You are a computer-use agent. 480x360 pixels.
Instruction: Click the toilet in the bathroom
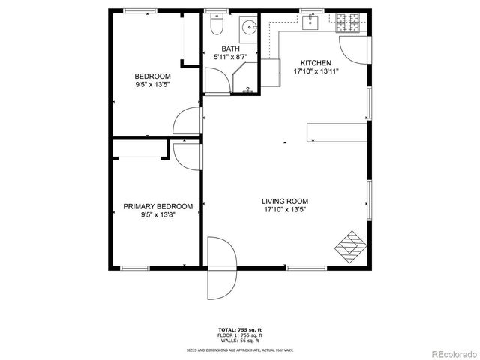(217, 27)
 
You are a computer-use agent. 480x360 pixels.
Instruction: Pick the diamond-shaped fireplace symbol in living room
(350, 244)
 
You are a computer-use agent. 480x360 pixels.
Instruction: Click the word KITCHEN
(316, 63)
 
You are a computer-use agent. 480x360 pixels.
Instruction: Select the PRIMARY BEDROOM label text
(157, 207)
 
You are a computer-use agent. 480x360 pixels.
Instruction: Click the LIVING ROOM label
(284, 201)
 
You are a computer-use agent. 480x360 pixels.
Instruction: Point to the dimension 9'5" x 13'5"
(152, 85)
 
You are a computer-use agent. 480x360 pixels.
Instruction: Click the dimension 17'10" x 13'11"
(316, 71)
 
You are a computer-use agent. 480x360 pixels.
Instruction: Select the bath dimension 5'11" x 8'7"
(230, 56)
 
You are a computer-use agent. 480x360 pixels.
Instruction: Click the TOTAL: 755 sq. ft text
(240, 329)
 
